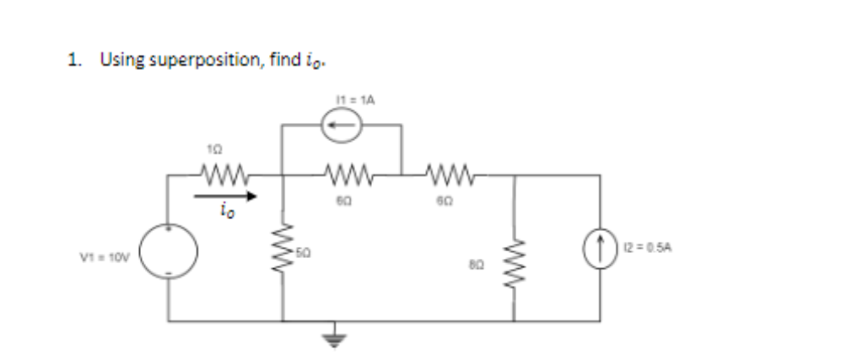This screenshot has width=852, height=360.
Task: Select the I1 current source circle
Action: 342,125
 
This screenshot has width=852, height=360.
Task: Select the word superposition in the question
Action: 187,60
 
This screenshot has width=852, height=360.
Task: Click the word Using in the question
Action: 116,60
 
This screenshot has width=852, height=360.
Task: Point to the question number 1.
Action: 74,60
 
